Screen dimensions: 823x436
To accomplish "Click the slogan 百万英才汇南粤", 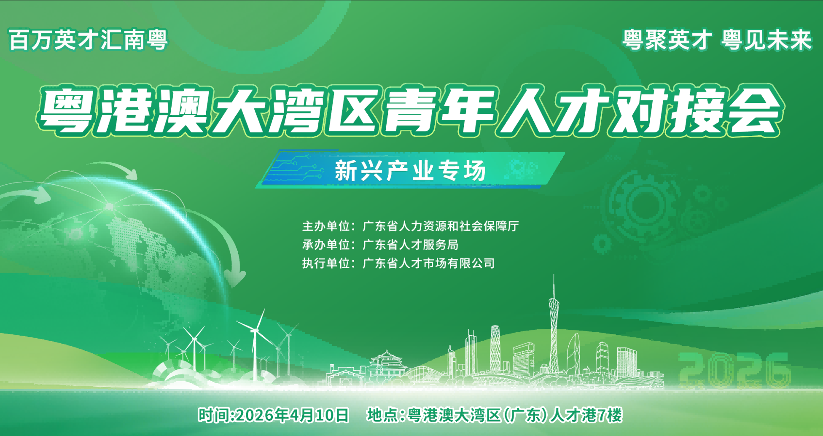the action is pyautogui.click(x=88, y=40).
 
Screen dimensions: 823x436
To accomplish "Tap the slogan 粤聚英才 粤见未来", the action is pyautogui.click(x=717, y=40).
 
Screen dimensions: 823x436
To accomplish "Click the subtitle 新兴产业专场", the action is pyautogui.click(x=410, y=171).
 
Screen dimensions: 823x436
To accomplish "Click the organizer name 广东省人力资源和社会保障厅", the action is pyautogui.click(x=441, y=226).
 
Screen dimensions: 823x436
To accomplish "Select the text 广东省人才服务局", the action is pyautogui.click(x=410, y=245).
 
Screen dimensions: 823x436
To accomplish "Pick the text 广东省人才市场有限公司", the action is pyautogui.click(x=428, y=264).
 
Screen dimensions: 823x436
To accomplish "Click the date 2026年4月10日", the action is pyautogui.click(x=293, y=415).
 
